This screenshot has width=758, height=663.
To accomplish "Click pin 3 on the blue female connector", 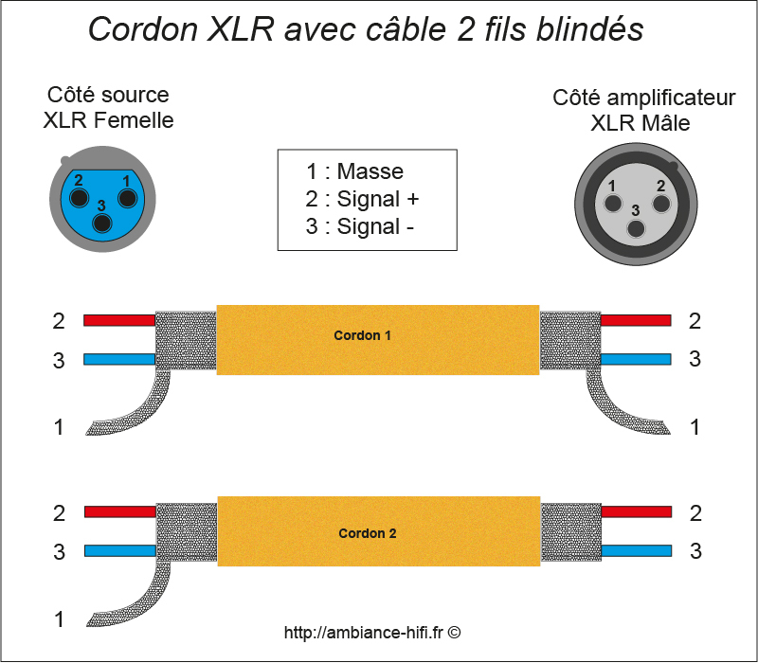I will pyautogui.click(x=102, y=223).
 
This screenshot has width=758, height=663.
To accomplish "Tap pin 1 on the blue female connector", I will pyautogui.click(x=125, y=198).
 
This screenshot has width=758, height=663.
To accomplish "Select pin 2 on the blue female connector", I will pyautogui.click(x=80, y=198).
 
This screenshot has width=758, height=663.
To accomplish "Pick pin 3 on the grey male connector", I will pyautogui.click(x=637, y=227).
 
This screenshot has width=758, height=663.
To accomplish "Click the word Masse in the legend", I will pyautogui.click(x=370, y=171).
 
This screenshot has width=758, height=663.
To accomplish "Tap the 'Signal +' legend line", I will pyautogui.click(x=362, y=199).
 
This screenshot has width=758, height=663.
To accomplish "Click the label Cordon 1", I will pyautogui.click(x=362, y=335).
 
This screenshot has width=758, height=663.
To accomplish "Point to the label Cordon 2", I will pyautogui.click(x=368, y=533).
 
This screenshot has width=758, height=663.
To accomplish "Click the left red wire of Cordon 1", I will pyautogui.click(x=118, y=320).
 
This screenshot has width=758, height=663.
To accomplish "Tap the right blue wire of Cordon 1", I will pyautogui.click(x=636, y=359).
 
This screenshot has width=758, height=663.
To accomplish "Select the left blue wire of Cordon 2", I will pyautogui.click(x=119, y=550).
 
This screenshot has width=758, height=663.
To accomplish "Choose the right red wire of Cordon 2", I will pyautogui.click(x=637, y=512).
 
